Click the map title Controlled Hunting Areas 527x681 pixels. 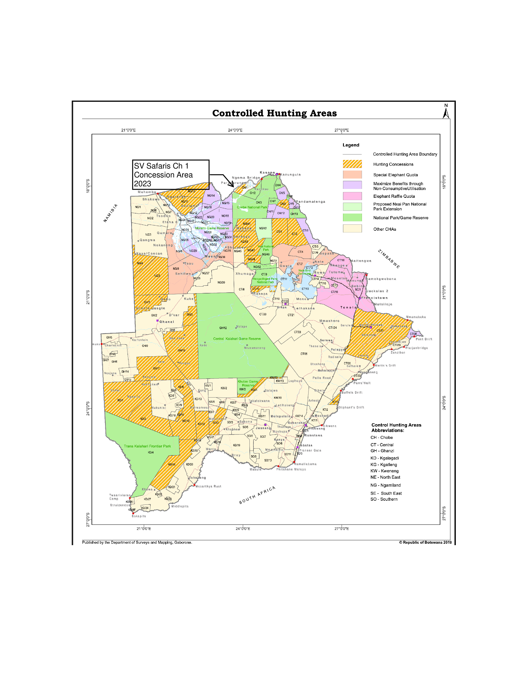[x=274, y=113]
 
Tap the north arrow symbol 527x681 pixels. [x=446, y=112]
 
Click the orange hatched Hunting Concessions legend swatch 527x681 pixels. [x=352, y=164]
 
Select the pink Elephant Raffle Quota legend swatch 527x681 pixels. [x=352, y=196]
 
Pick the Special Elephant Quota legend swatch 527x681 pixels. [x=352, y=175]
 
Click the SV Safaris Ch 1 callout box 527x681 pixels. [x=170, y=175]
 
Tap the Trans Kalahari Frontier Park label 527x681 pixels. [x=147, y=446]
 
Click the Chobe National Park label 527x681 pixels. [x=252, y=207]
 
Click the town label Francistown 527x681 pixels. [x=374, y=298]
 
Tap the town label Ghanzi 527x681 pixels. [x=167, y=322]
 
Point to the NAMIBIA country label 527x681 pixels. [x=111, y=213]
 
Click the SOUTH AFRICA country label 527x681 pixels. [x=257, y=495]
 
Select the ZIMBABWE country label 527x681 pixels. [x=389, y=259]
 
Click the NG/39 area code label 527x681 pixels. [x=221, y=283]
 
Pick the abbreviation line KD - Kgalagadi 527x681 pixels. [x=384, y=458]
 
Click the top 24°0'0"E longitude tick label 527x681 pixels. [x=235, y=130]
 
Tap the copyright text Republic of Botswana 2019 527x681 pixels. [x=425, y=542]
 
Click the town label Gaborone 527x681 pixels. [x=296, y=423]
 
